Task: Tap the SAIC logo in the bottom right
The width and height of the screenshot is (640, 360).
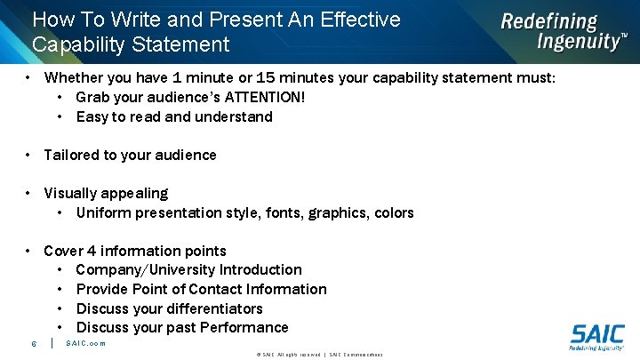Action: pos(596,338)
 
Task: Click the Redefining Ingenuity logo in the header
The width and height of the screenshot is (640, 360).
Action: pos(563,32)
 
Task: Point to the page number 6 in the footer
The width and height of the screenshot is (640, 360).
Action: pos(34,344)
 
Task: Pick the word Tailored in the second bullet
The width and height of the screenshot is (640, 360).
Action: pos(71,155)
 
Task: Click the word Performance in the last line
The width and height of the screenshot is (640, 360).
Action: pos(245,328)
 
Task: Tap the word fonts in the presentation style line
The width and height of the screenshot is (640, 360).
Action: pos(284,212)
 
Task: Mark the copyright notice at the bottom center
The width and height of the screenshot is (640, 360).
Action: pos(319,354)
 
